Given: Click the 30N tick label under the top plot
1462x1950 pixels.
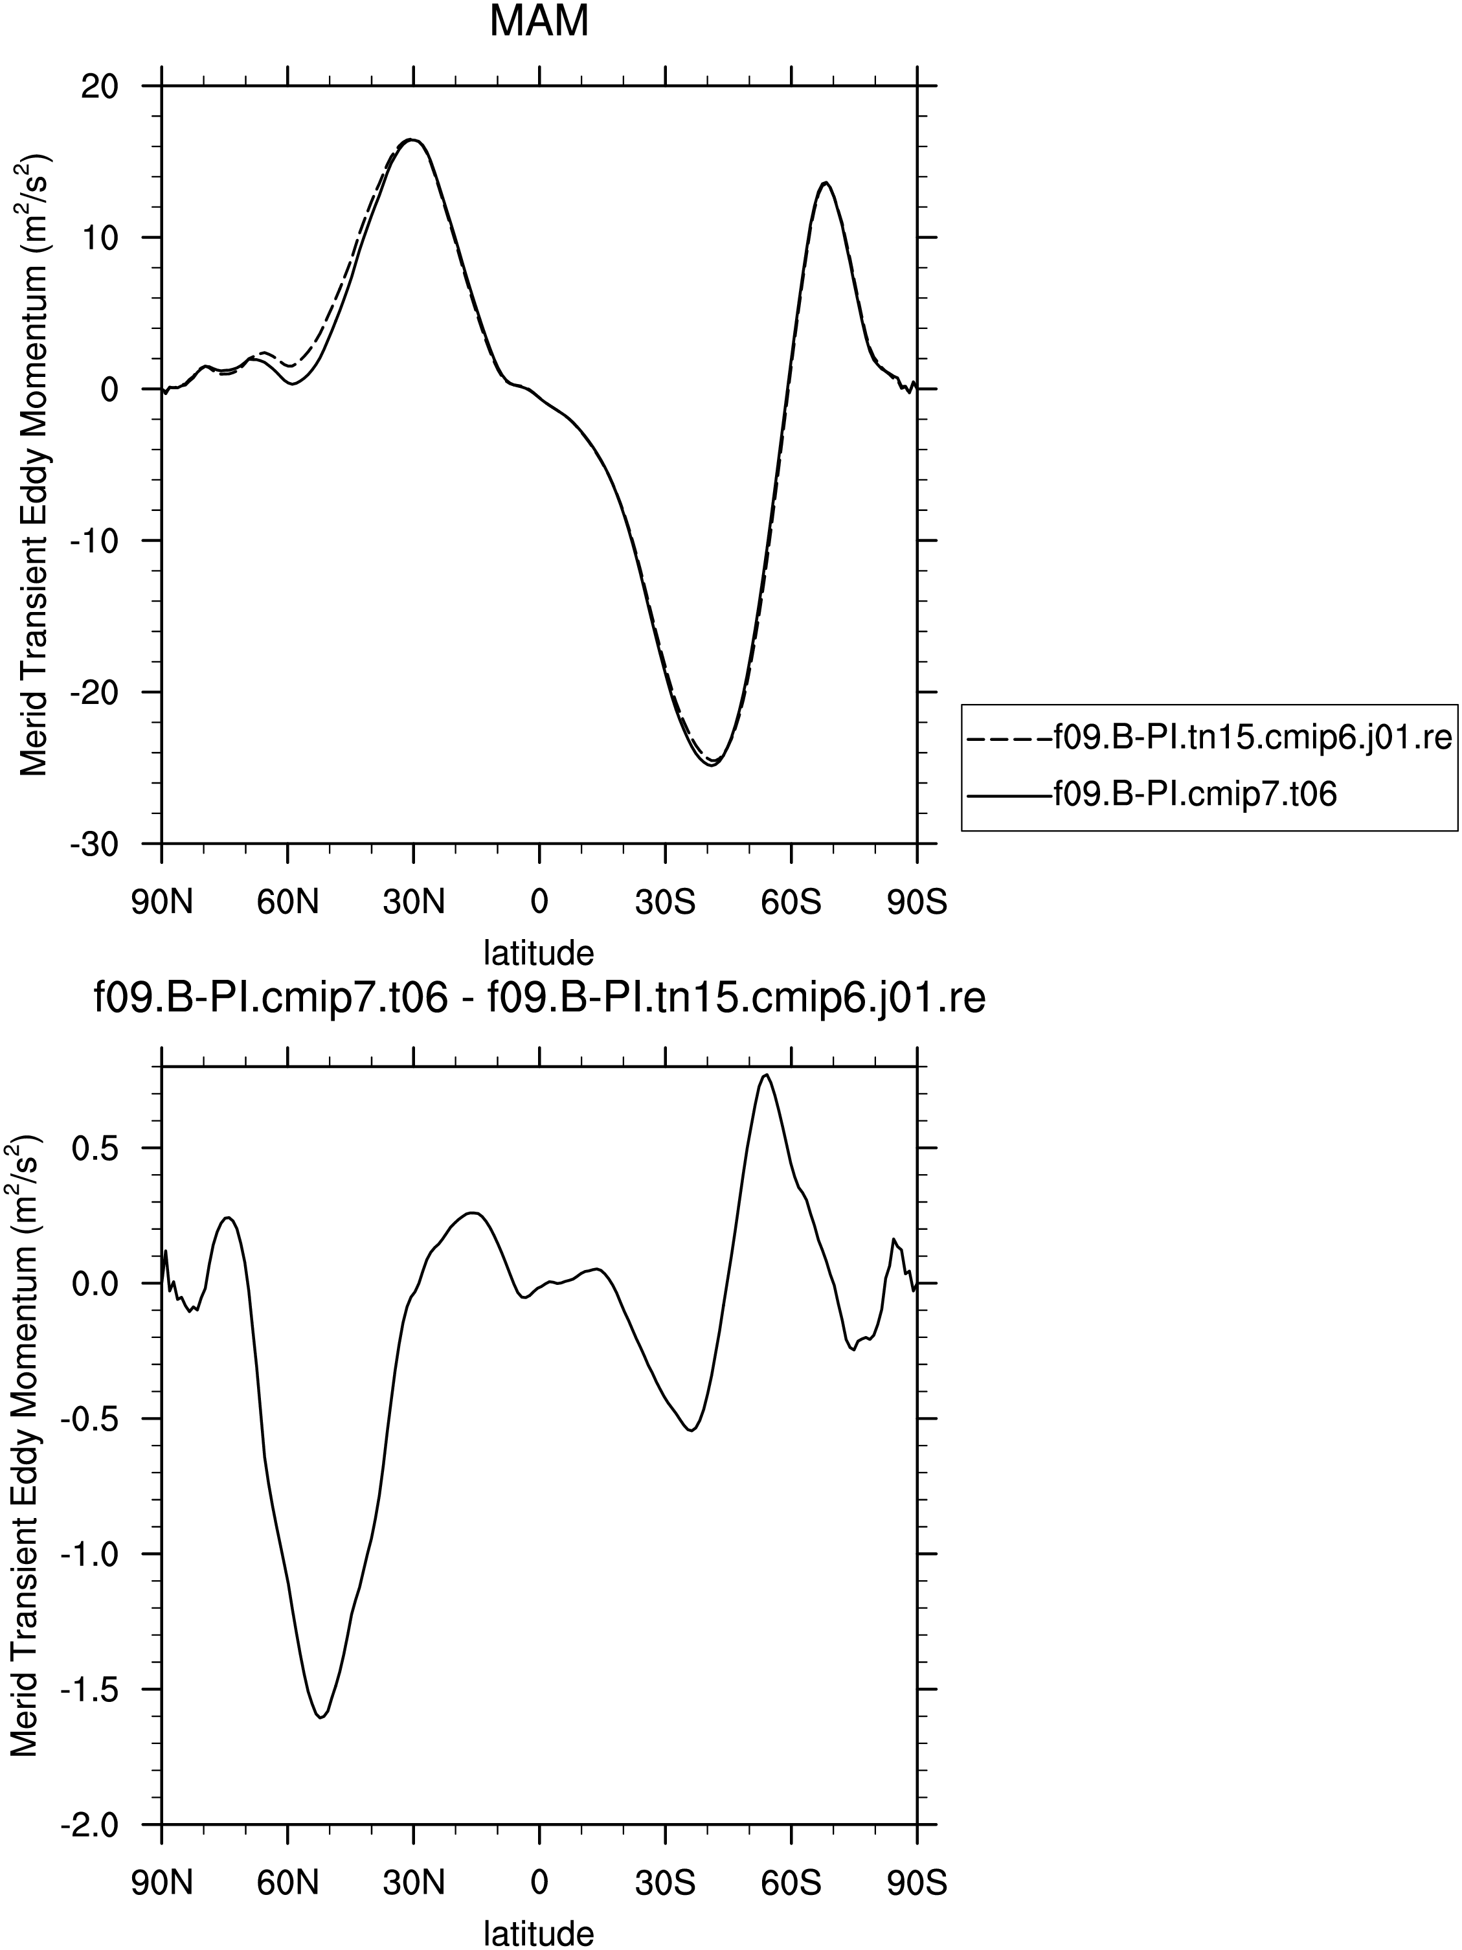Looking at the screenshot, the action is (413, 903).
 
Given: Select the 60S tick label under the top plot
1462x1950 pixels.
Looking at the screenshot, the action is (791, 903).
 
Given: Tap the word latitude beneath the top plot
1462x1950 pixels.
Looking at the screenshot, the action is (539, 953).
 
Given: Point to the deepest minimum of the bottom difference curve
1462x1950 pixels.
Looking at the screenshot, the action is (321, 1718).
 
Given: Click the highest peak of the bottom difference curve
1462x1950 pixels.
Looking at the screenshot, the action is (767, 1074).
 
